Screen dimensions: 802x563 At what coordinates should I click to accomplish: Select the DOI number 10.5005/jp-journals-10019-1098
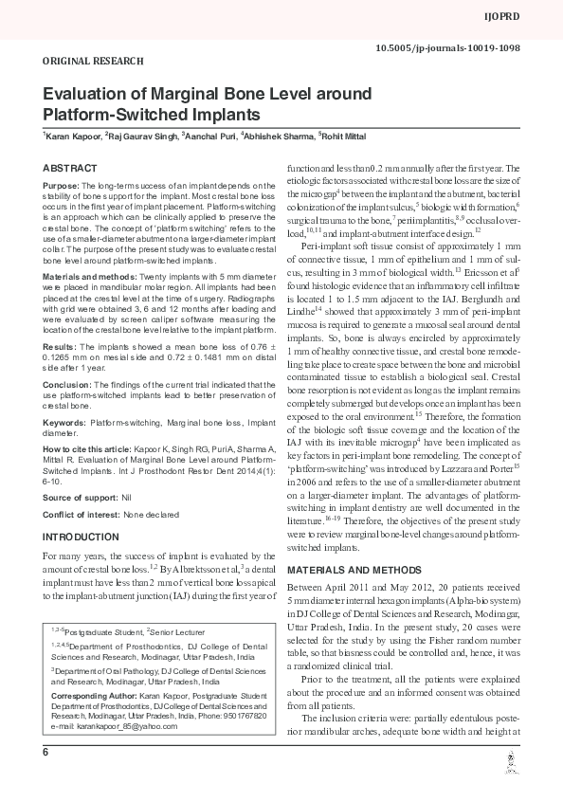(462, 46)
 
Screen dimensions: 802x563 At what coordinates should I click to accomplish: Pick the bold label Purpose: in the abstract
(61, 187)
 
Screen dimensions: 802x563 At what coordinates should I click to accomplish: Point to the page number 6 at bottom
(45, 778)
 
